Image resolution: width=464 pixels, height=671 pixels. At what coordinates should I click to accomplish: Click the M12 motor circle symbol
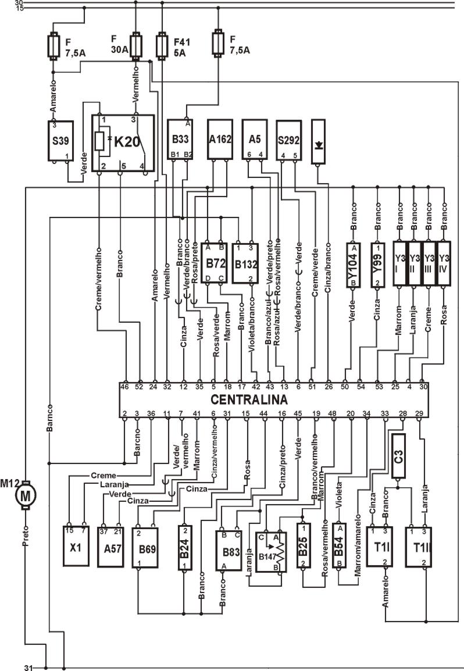point(25,495)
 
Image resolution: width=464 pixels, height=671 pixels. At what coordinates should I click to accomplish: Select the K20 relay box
point(124,143)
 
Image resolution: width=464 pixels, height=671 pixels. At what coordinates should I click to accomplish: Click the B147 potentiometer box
point(272,553)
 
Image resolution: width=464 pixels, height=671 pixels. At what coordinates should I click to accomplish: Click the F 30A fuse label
point(119,44)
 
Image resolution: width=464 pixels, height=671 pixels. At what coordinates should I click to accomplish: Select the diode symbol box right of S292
point(319,142)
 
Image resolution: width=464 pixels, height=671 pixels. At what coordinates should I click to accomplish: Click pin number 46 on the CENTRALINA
point(124,386)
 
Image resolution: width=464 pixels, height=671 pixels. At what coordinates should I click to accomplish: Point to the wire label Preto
point(25,539)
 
